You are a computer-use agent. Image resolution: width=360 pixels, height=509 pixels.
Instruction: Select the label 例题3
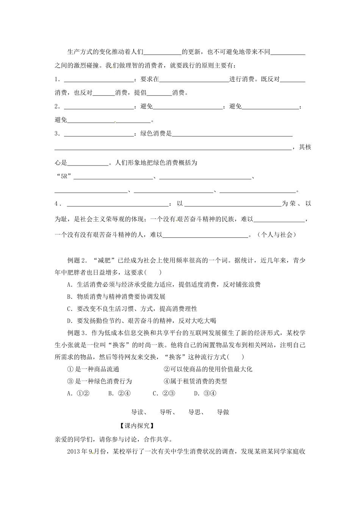pos(77,333)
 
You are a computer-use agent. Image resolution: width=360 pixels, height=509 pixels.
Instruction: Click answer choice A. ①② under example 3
pos(78,393)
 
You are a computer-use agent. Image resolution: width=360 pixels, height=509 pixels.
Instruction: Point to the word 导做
pos(223,412)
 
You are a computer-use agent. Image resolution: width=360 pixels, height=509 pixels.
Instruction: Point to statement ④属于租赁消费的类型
pos(195,381)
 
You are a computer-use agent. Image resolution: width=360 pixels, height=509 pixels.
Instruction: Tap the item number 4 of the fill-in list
pos(56,204)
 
